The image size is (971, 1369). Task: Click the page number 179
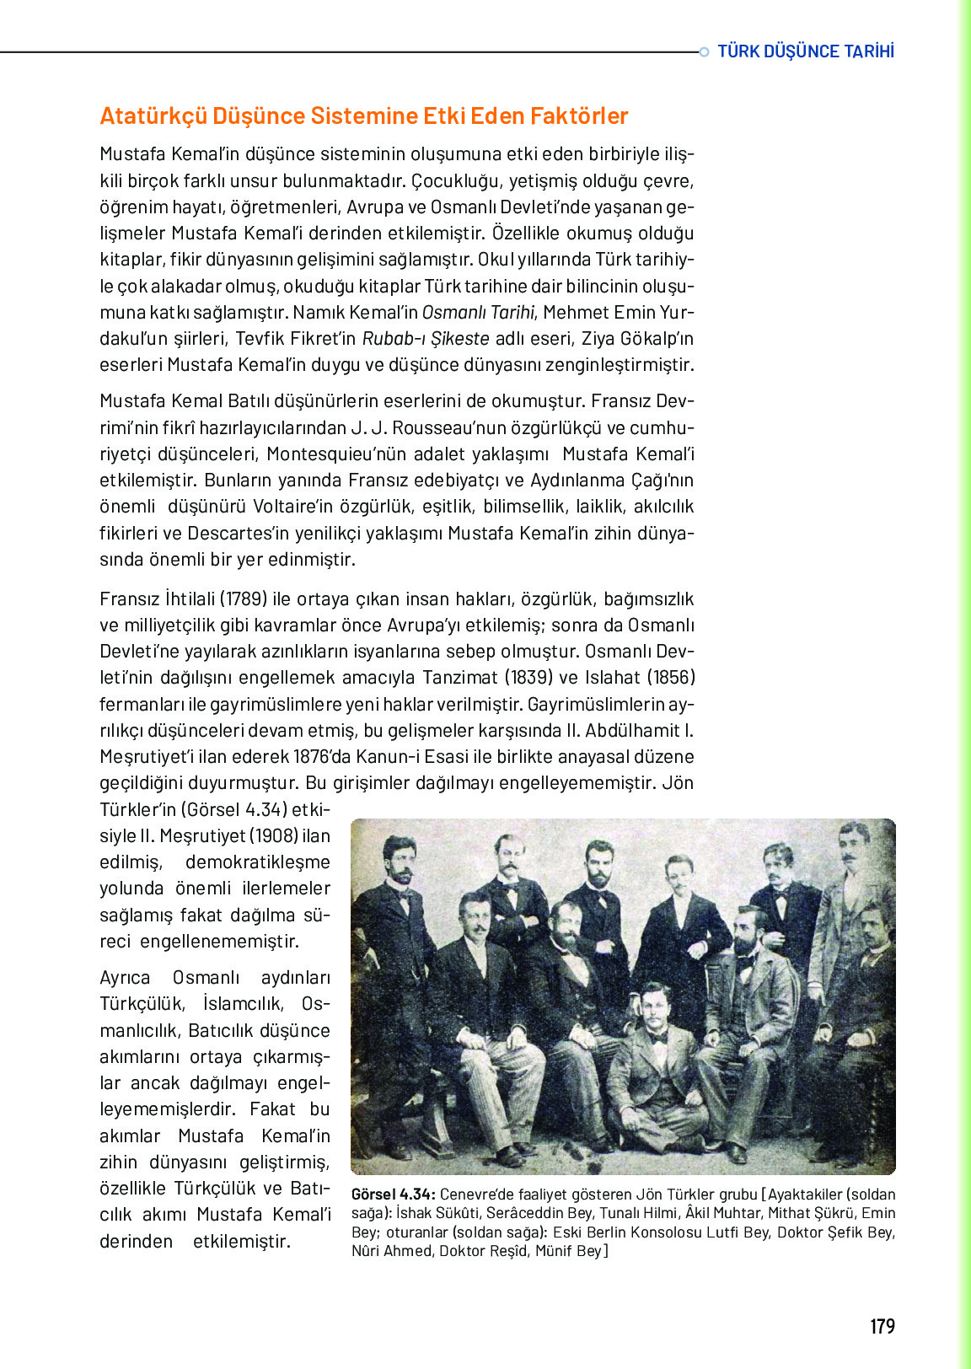click(882, 1327)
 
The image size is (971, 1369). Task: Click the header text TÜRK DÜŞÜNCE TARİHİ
click(805, 51)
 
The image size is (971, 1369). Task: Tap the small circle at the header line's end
click(704, 52)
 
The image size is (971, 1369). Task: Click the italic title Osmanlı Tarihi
click(478, 313)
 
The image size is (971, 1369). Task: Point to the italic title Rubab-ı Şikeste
click(426, 339)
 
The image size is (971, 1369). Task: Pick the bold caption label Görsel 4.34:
click(393, 1195)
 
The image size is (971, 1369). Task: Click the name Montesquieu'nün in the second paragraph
click(328, 454)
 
